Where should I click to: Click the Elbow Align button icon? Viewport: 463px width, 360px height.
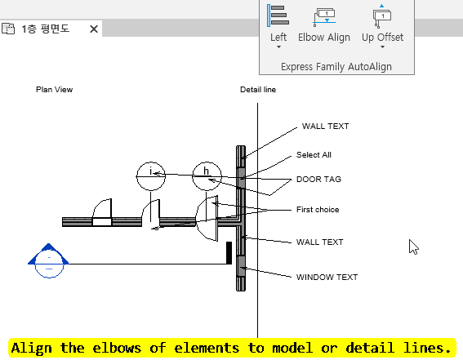click(x=324, y=16)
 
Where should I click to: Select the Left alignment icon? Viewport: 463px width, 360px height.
click(x=278, y=16)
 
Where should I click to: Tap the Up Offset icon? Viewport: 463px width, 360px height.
click(x=382, y=16)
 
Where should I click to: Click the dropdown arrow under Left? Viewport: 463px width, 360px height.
click(x=278, y=47)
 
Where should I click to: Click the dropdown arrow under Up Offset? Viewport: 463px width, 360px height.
click(x=382, y=47)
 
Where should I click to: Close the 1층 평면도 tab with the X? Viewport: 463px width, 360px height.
click(x=94, y=29)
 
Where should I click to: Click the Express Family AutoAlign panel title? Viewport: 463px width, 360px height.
click(x=336, y=67)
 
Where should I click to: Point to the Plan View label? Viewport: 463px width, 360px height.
click(x=55, y=90)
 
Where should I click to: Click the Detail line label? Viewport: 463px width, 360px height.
click(x=258, y=90)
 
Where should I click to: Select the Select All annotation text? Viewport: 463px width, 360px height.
click(x=314, y=155)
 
